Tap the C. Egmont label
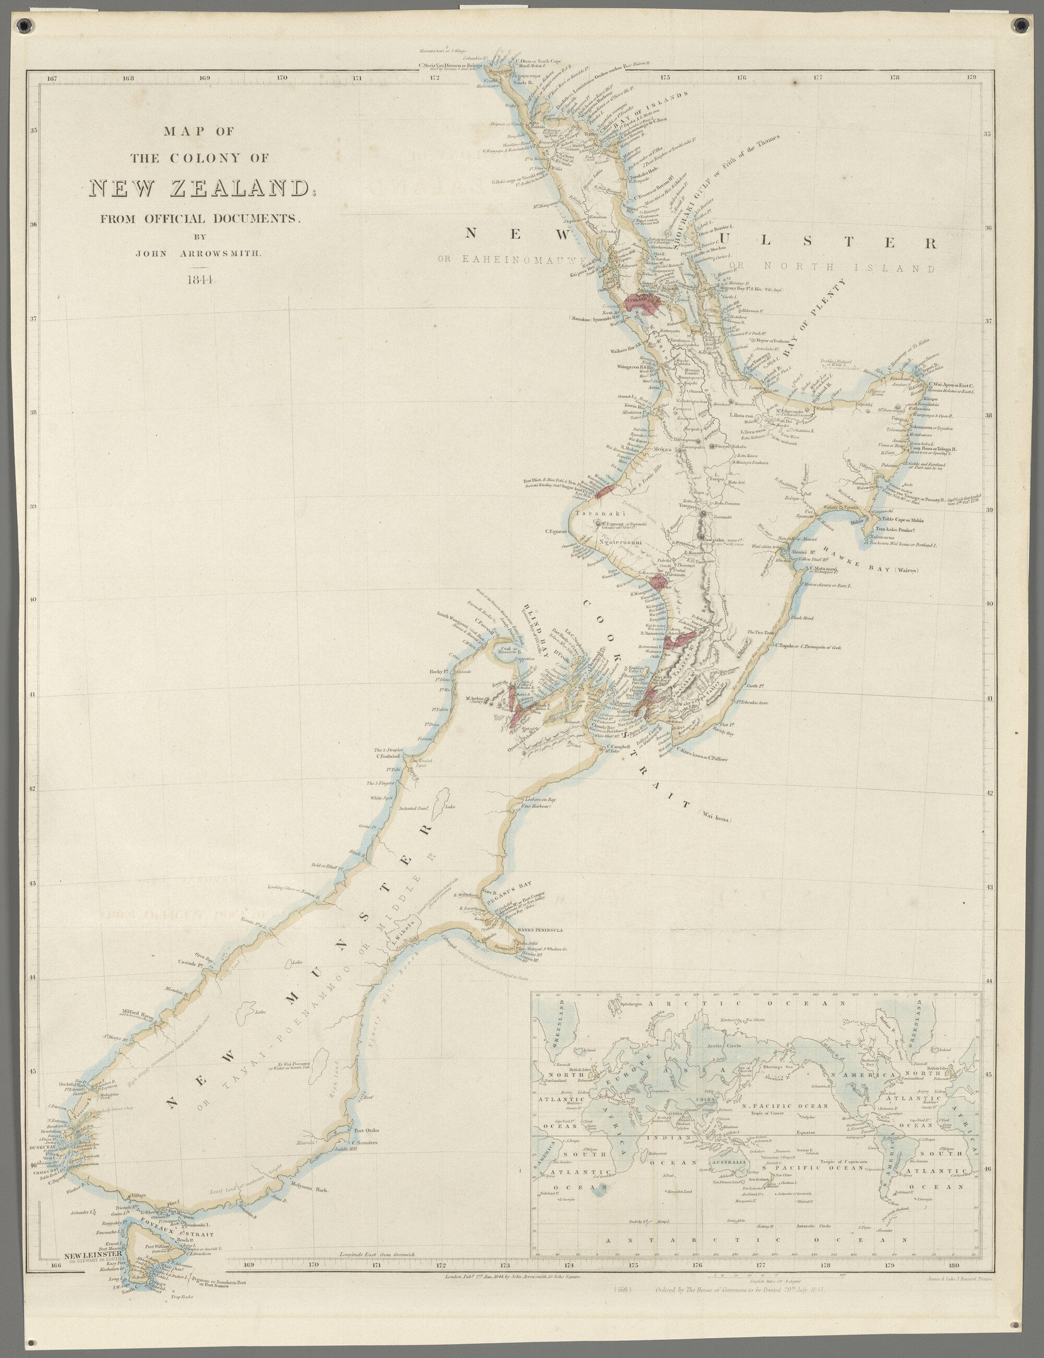557,532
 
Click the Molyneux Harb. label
309,1189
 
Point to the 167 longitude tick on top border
52,78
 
